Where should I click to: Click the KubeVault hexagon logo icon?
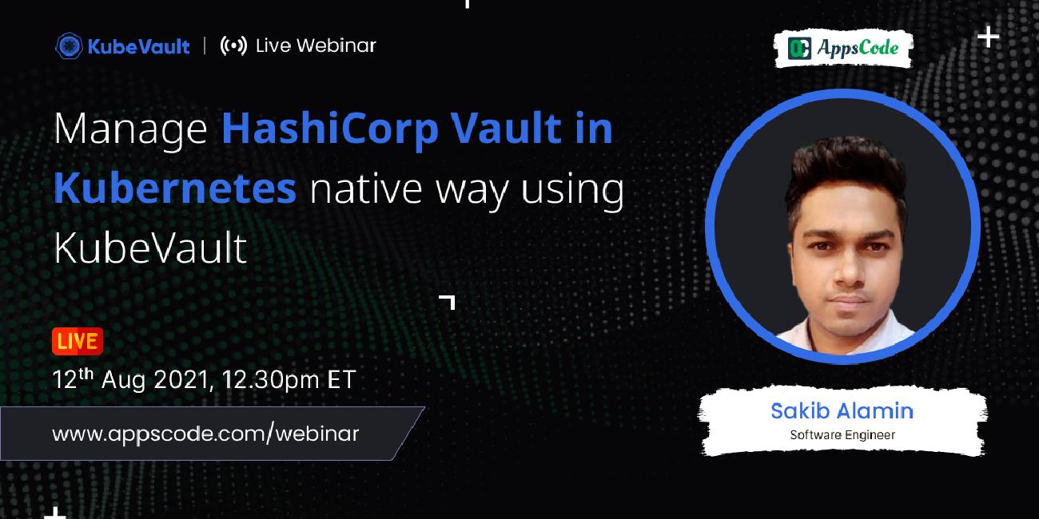(x=69, y=46)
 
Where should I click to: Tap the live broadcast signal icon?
(x=233, y=46)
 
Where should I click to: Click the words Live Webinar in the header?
(x=316, y=46)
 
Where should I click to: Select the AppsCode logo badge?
(x=844, y=49)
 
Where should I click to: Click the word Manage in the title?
(x=130, y=130)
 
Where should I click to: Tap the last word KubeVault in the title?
(x=150, y=248)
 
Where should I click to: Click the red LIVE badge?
(x=78, y=342)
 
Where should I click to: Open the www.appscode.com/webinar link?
(x=205, y=434)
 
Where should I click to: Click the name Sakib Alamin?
(x=842, y=410)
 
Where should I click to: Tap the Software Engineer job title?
(x=842, y=435)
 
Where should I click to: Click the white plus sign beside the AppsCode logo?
(x=989, y=37)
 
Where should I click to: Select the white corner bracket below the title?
(x=448, y=301)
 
